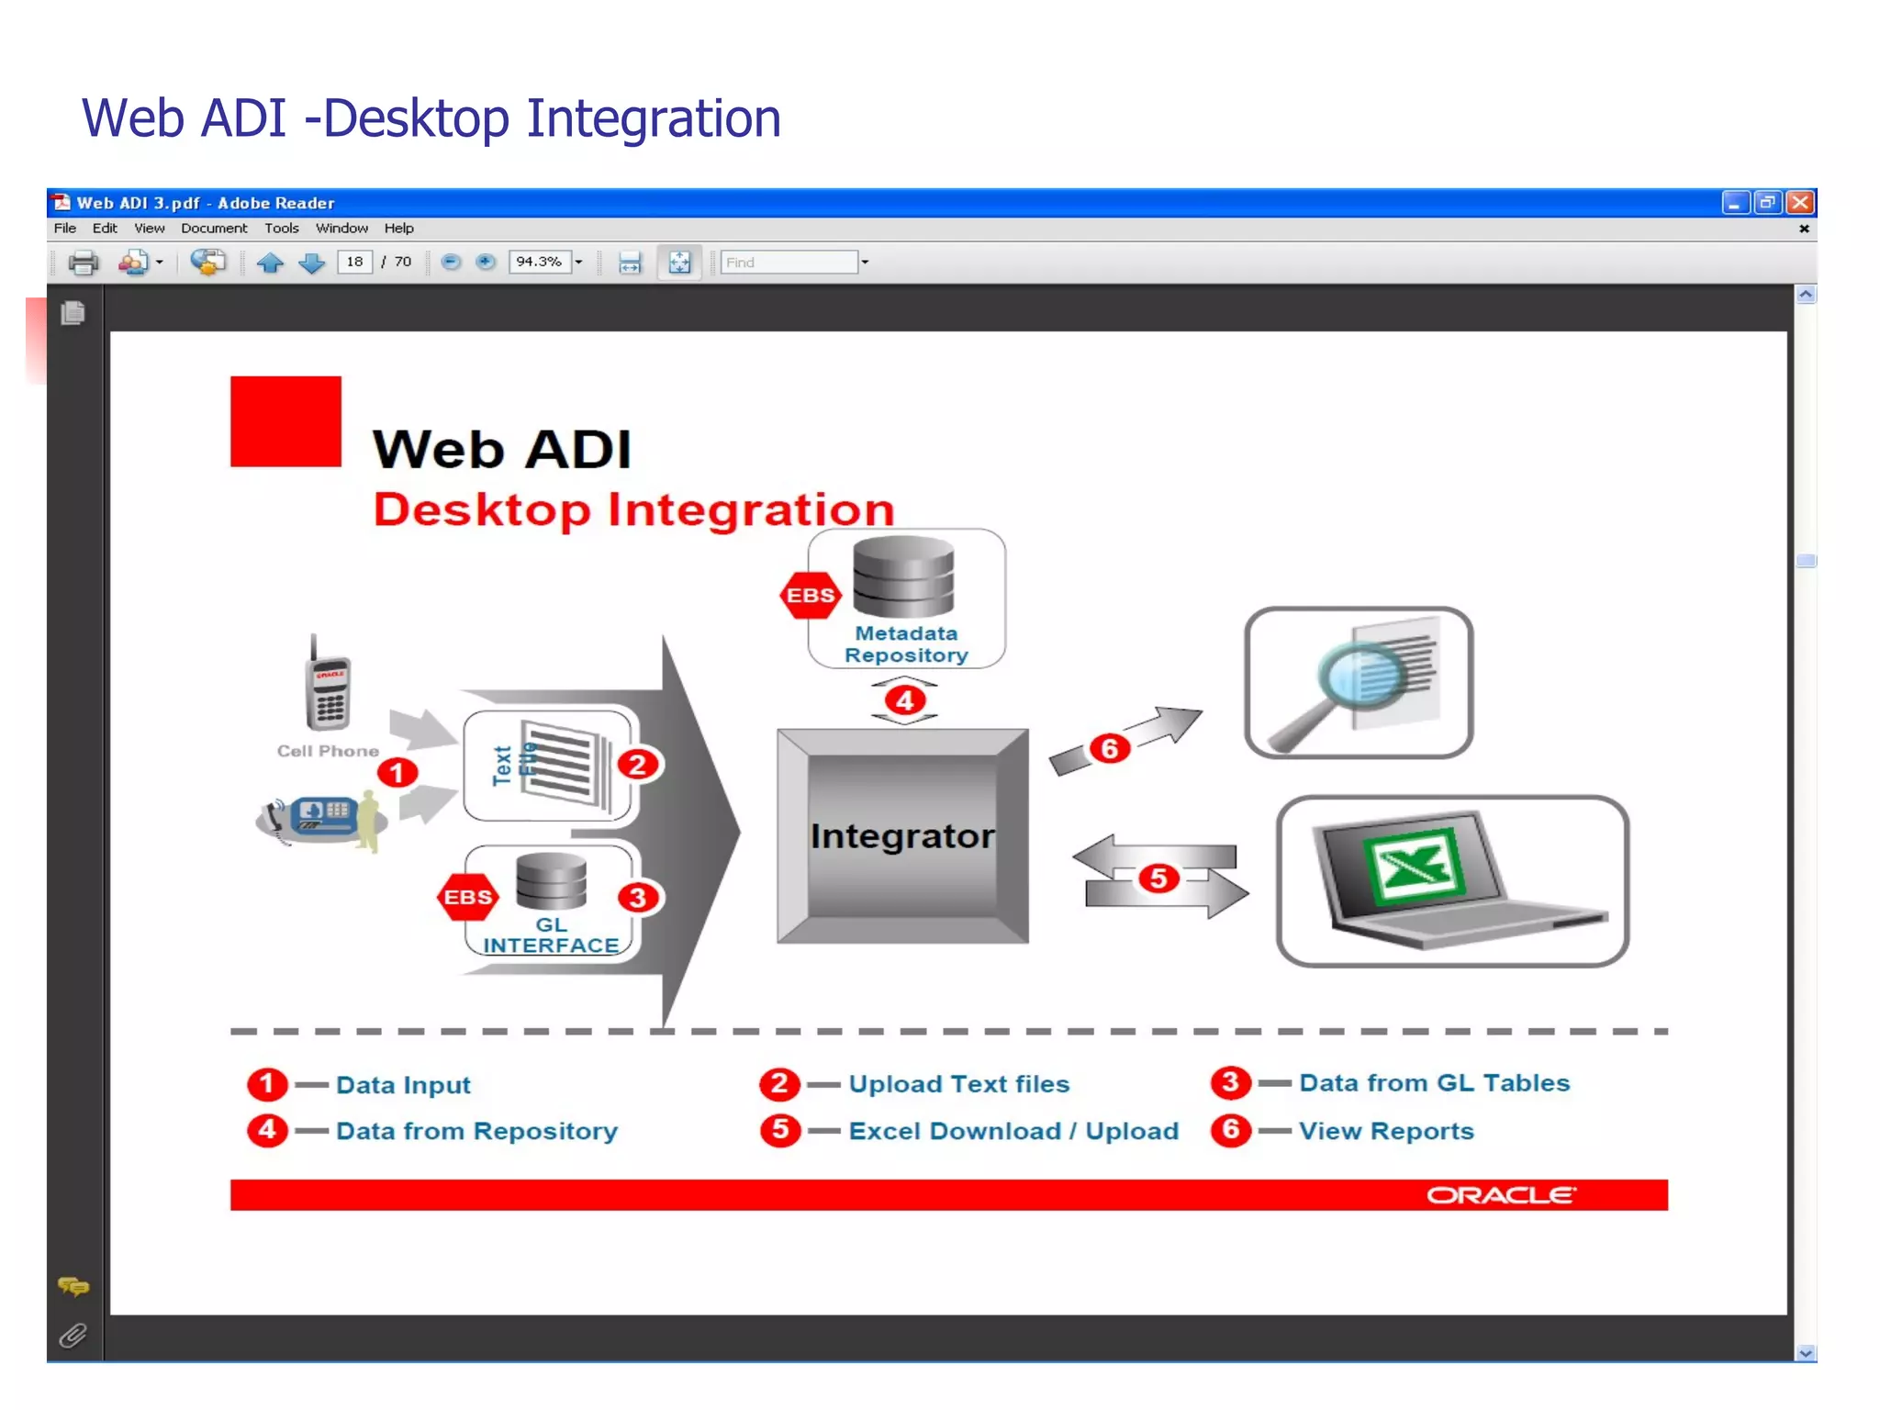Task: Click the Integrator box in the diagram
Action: pyautogui.click(x=902, y=835)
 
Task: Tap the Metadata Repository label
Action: pyautogui.click(x=906, y=643)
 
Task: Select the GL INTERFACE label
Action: pyautogui.click(x=551, y=935)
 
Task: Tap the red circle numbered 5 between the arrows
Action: pyautogui.click(x=1158, y=878)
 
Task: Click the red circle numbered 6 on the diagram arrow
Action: pyautogui.click(x=1109, y=748)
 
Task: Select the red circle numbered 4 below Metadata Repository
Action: pyautogui.click(x=905, y=700)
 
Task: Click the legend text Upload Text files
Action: pyautogui.click(x=959, y=1084)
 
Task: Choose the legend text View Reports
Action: pyautogui.click(x=1386, y=1131)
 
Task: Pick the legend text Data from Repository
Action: pyautogui.click(x=476, y=1131)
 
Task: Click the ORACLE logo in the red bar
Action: pyautogui.click(x=1501, y=1194)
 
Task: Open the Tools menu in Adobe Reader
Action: pyautogui.click(x=281, y=229)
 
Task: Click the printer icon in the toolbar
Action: pyautogui.click(x=84, y=263)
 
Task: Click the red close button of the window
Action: pyautogui.click(x=1800, y=202)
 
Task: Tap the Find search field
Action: pyautogui.click(x=789, y=263)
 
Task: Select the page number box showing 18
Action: pyautogui.click(x=354, y=262)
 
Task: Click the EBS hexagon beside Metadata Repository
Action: pyautogui.click(x=811, y=595)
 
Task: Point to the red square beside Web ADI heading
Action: pyautogui.click(x=285, y=421)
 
